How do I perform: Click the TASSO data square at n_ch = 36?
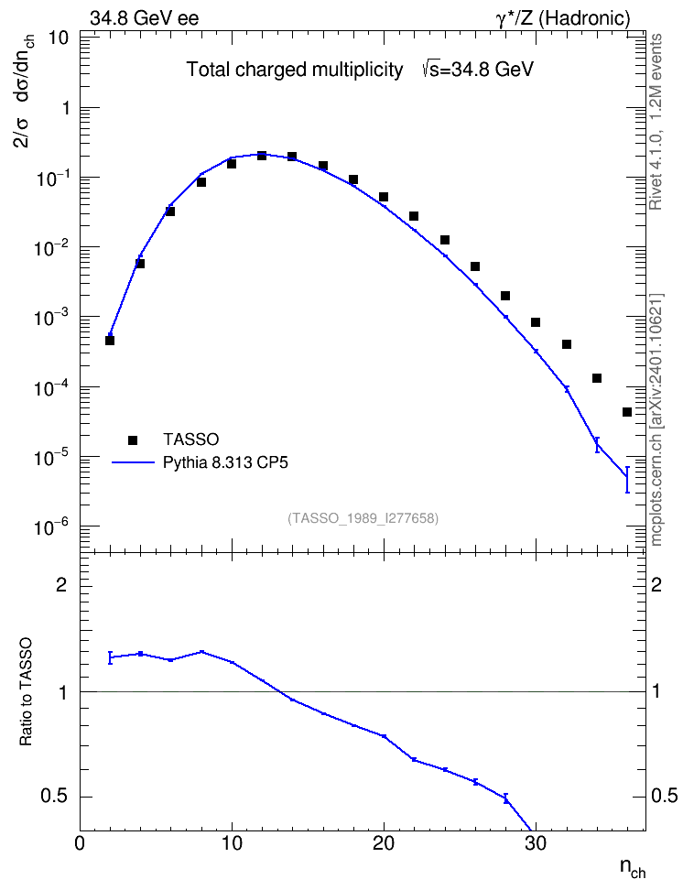tap(627, 412)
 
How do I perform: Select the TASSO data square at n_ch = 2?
tap(110, 341)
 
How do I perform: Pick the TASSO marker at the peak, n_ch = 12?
tap(262, 156)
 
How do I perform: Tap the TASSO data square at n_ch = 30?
tap(536, 322)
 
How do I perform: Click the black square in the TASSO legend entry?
tap(133, 440)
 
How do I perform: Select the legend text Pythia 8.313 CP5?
tap(225, 462)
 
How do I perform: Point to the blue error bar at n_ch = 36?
tap(627, 480)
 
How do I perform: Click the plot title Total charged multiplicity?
tap(295, 70)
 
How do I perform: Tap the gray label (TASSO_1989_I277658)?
tap(363, 518)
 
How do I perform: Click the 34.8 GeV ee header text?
tap(145, 18)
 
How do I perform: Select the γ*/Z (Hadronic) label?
tap(563, 18)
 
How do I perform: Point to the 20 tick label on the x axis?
tap(384, 843)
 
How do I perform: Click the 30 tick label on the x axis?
tap(536, 843)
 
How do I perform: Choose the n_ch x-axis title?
tap(633, 867)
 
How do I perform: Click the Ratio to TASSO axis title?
tap(27, 692)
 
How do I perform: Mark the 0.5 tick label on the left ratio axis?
tap(55, 797)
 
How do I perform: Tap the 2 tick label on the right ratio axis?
tap(656, 584)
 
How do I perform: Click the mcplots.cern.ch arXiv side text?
tap(656, 419)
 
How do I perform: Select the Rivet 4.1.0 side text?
tap(656, 122)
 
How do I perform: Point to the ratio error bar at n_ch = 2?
tap(110, 657)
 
